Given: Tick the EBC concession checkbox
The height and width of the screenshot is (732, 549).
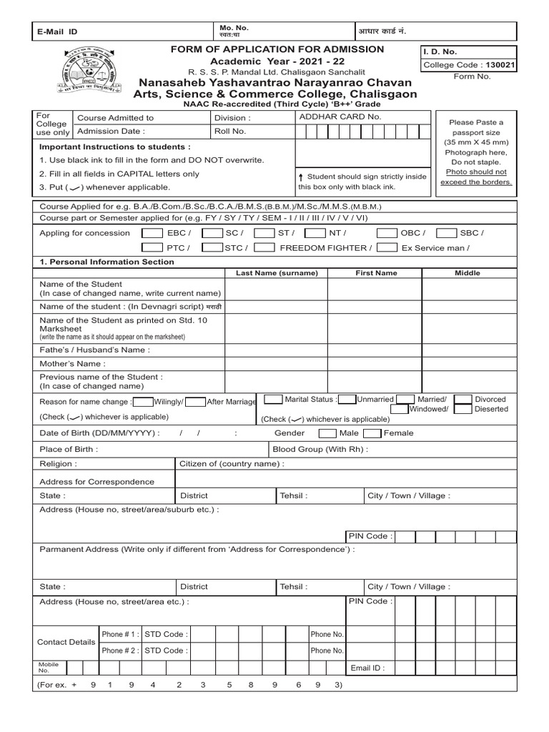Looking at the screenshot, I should click(x=152, y=233).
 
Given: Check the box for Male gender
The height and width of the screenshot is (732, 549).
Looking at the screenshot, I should click(x=327, y=433).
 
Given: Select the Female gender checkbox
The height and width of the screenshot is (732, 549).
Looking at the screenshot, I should click(x=372, y=433).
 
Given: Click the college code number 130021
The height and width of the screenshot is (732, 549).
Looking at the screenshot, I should click(x=500, y=64).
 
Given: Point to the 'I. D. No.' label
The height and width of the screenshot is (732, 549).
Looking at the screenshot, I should click(x=440, y=51).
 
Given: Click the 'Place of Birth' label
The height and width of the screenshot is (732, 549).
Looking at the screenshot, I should click(x=69, y=450).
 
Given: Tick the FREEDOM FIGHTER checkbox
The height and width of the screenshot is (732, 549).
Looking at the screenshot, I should click(x=264, y=248).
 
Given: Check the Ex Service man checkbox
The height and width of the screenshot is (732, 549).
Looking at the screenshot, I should click(x=387, y=248).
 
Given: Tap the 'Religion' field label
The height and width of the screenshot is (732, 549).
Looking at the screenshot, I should click(x=57, y=464).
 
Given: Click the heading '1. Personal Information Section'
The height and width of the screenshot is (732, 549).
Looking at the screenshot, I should click(x=107, y=262).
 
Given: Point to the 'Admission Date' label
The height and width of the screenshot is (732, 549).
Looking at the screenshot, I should click(x=110, y=132).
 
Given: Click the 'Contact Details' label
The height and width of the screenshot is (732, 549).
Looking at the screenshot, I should click(x=66, y=642).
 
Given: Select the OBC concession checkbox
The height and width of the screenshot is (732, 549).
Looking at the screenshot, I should click(x=387, y=233).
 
